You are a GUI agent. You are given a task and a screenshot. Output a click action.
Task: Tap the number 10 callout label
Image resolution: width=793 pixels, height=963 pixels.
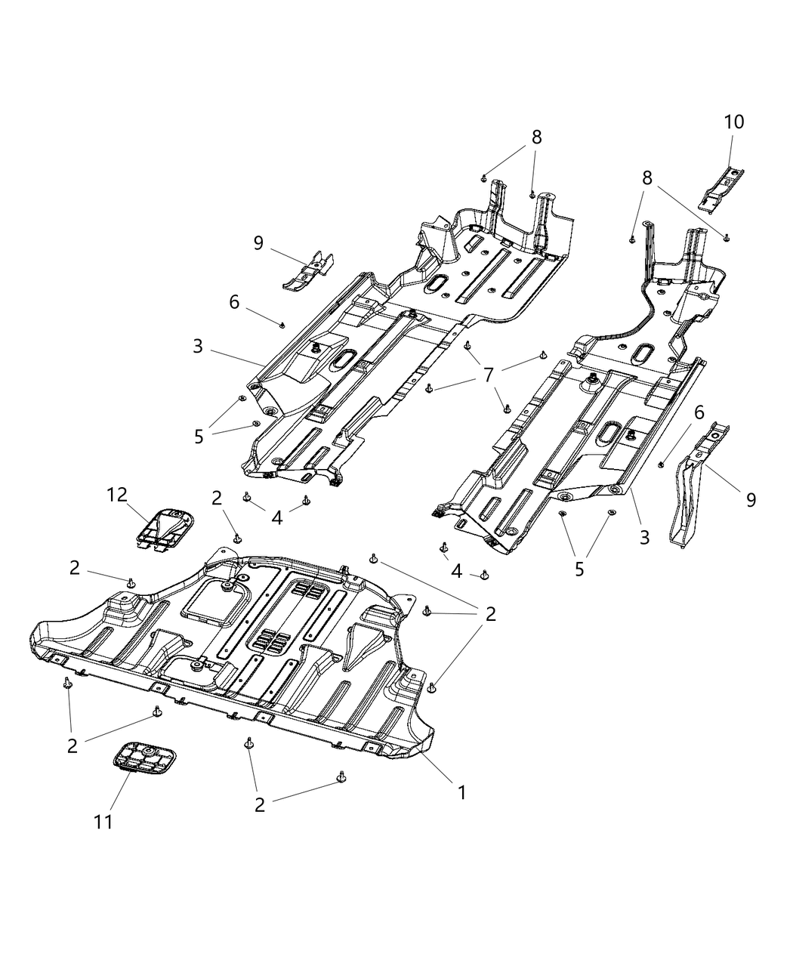click(733, 122)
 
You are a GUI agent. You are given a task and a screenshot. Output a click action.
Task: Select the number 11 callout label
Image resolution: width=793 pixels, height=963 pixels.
click(103, 822)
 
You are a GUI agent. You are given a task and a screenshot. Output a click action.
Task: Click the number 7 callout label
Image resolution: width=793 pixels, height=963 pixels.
click(489, 374)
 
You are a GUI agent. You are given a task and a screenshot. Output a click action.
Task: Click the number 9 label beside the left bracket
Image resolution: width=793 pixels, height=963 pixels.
click(258, 242)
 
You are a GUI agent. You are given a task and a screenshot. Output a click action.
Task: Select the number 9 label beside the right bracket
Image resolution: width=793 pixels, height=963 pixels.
click(750, 499)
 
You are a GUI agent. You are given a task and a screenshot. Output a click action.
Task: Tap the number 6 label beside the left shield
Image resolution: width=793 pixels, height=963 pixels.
click(234, 302)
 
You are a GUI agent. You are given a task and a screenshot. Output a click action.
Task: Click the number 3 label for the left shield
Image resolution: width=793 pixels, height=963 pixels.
click(197, 347)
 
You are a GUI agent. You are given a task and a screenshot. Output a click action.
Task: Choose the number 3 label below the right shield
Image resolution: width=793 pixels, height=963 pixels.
click(644, 538)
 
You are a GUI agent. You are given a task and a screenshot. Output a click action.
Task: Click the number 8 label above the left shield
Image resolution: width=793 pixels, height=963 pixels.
click(536, 137)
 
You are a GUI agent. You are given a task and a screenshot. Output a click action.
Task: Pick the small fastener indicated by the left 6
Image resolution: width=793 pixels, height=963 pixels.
click(282, 324)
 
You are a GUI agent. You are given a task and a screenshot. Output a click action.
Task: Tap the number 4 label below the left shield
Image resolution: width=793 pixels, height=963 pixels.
click(277, 517)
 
